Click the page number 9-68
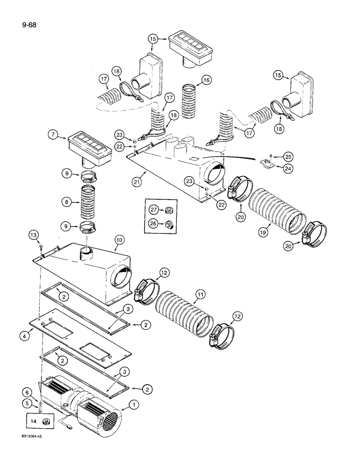16,20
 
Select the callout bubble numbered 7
54,135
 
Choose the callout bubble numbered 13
33,234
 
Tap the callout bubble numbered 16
206,81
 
